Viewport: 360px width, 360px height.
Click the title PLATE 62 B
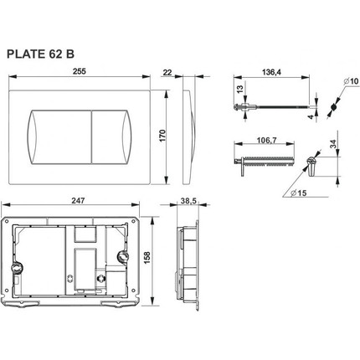40,54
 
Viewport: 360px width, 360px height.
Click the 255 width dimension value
80,71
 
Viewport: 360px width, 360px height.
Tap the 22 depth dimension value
167,73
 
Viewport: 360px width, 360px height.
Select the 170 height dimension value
162,136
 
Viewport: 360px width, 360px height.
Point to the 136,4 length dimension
271,72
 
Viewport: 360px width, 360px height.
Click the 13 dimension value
240,90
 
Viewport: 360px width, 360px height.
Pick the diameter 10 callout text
351,81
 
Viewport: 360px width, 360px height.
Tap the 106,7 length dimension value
266,140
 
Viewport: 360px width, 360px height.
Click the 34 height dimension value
333,144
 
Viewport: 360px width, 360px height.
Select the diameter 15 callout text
298,193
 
